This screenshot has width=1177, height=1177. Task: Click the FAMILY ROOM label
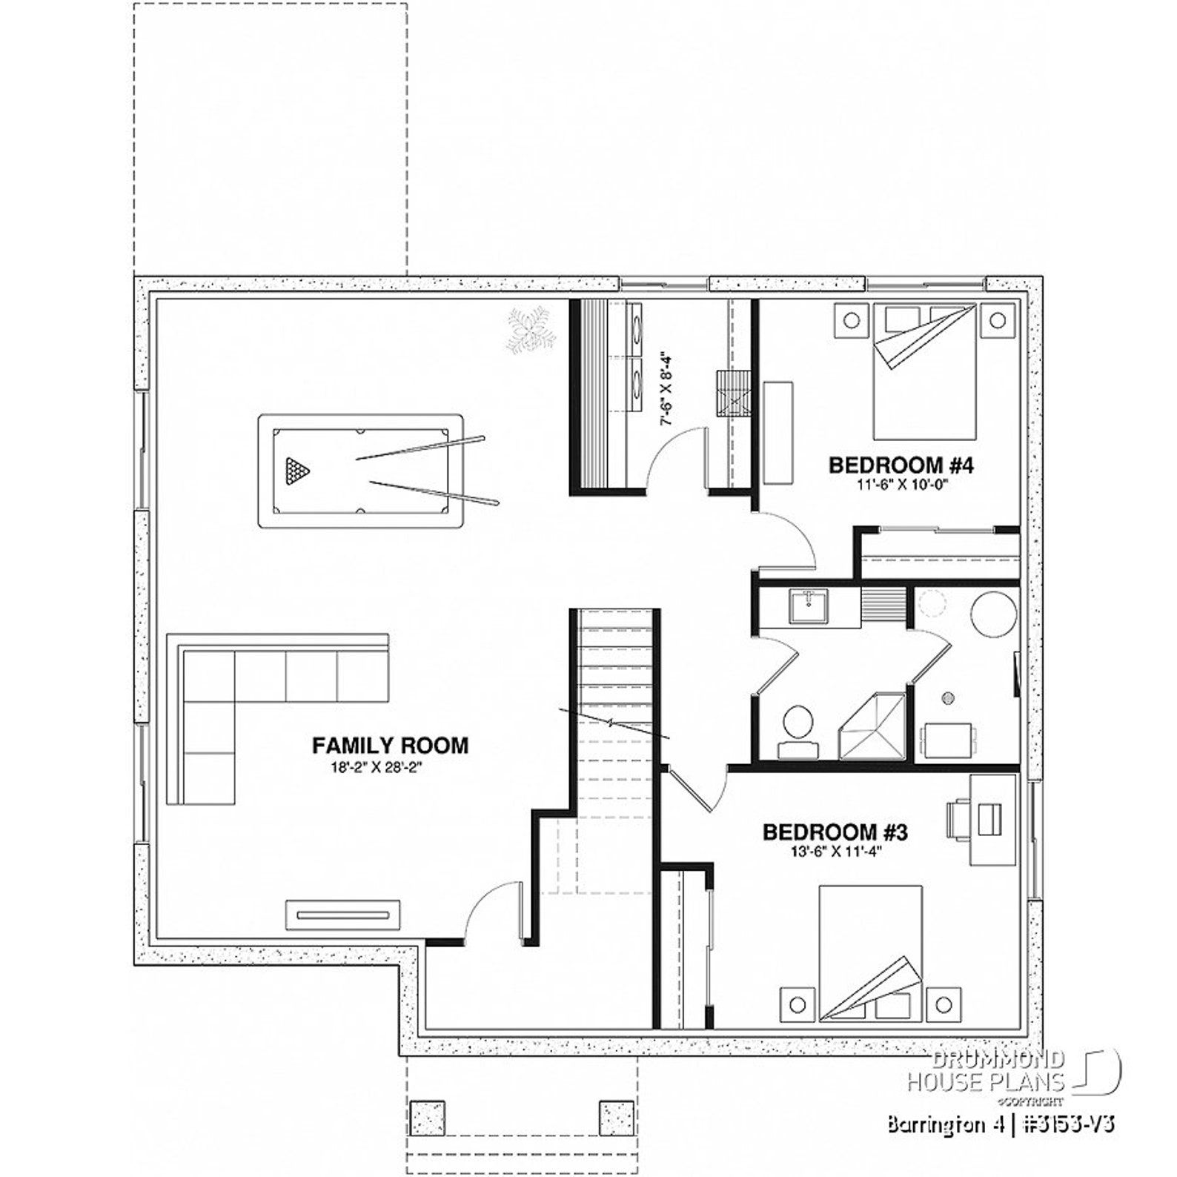(x=390, y=745)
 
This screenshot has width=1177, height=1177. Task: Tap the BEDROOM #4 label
(x=900, y=465)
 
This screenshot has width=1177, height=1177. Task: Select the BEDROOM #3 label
(x=835, y=832)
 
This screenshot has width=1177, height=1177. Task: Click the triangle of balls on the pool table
(x=296, y=470)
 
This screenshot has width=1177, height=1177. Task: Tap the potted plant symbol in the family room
(x=531, y=331)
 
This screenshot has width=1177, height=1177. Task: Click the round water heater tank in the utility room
(x=992, y=614)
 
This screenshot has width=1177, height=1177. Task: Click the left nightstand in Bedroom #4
(x=852, y=321)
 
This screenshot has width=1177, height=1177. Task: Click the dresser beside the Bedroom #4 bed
(x=778, y=433)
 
